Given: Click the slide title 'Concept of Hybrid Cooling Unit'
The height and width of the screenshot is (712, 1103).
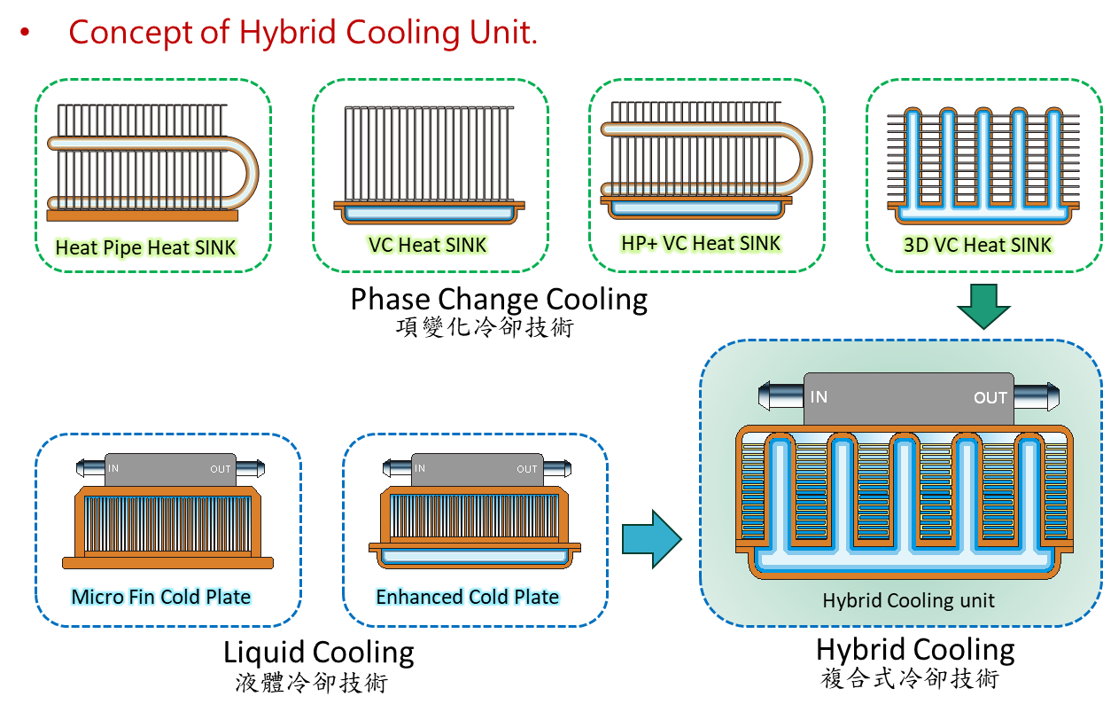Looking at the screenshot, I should pos(302,33).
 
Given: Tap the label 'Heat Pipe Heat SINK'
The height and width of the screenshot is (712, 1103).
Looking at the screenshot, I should pos(146,247).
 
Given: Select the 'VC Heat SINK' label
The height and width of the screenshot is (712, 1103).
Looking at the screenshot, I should pos(427,244).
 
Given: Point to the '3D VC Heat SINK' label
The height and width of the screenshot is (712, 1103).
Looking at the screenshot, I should pos(978,245).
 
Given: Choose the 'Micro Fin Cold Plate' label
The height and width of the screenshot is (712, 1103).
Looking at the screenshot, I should pos(161,597).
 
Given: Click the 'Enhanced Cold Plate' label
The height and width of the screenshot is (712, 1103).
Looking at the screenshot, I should pos(467,597).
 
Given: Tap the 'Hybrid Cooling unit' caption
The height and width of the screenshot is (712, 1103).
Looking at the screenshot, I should pos(908,600).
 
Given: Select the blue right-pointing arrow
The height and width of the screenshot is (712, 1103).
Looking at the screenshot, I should pos(651,538).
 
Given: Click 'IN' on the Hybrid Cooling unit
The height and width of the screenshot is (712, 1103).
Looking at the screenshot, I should pos(819,396).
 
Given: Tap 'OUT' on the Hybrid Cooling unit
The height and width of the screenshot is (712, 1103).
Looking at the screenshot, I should pos(990,397).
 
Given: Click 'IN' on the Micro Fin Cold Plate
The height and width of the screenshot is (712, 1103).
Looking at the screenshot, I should pos(114,469).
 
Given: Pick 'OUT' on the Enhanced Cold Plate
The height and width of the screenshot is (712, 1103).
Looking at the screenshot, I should pos(527,469).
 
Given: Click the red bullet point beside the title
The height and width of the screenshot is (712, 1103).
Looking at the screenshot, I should pos(24,33).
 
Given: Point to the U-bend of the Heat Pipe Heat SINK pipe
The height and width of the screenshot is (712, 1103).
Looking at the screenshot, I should pos(244,168).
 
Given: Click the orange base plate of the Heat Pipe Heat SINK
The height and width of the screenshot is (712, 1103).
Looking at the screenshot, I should pos(142,215).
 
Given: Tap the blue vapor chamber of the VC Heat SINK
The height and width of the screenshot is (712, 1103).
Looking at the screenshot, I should pos(429,213).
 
